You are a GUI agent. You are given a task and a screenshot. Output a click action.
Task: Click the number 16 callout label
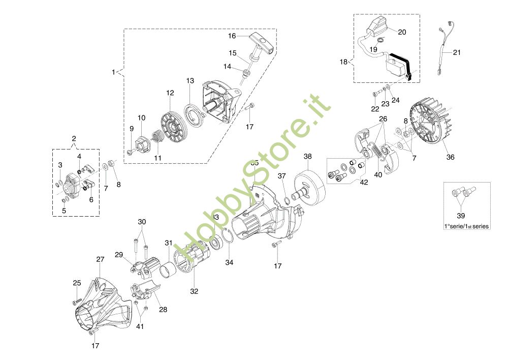232,36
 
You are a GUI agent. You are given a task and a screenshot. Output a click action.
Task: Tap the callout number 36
450,157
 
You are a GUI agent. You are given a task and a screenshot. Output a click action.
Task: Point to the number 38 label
308,156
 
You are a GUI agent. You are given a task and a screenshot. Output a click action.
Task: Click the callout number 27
100,259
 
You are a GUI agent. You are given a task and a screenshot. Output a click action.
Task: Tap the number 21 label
457,52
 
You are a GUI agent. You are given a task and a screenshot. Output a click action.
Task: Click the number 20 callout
402,32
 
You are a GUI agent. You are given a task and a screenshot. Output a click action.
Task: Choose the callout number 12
170,93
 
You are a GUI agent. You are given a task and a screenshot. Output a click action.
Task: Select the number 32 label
194,291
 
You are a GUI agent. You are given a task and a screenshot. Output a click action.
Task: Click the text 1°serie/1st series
466,226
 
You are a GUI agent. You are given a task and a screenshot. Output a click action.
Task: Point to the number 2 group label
74,138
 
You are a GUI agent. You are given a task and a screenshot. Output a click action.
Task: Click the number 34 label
229,262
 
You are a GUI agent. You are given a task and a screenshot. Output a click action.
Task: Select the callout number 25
77,283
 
